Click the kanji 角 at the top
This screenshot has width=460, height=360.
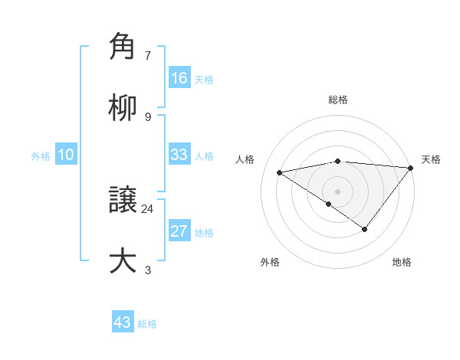(x=123, y=47)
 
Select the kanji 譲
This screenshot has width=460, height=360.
(x=123, y=201)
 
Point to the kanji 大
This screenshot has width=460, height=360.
(x=123, y=260)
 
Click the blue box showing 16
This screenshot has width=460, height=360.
(x=179, y=78)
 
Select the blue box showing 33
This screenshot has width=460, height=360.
(x=179, y=155)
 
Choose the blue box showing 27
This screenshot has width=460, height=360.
(x=179, y=231)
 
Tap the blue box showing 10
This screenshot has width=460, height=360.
(x=66, y=155)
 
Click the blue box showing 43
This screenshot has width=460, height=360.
(x=123, y=322)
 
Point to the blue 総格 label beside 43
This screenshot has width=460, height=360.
(x=147, y=324)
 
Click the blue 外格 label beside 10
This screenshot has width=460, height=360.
(x=41, y=156)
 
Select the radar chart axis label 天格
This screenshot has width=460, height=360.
(x=431, y=159)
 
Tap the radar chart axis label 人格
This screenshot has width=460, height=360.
(x=245, y=159)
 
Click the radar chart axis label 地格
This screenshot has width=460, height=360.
(x=402, y=262)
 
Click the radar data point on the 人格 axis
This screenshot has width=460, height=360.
(x=280, y=172)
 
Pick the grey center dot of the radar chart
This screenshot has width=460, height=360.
(x=337, y=191)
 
